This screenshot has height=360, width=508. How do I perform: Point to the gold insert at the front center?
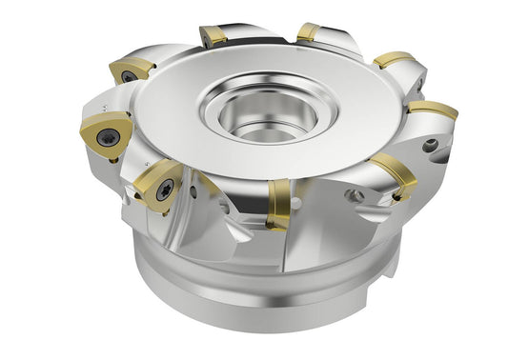[278, 203]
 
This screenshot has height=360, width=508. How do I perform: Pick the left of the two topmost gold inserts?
[215, 35]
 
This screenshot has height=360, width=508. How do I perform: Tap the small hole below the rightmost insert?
[432, 146]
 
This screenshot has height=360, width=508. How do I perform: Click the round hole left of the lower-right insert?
[357, 195]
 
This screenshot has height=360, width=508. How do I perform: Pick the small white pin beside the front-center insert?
[297, 203]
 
